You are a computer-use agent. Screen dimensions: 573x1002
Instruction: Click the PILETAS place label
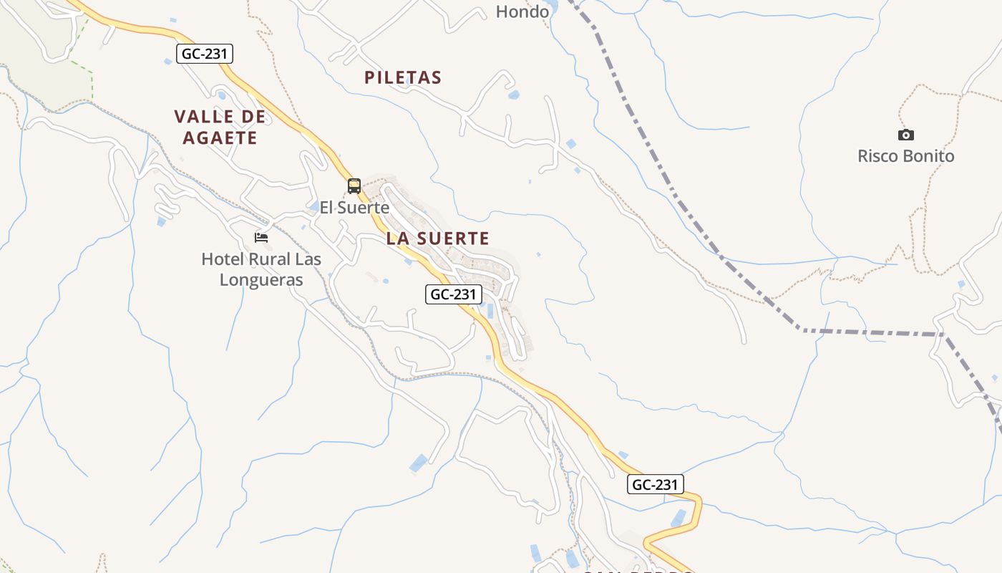pyautogui.click(x=403, y=77)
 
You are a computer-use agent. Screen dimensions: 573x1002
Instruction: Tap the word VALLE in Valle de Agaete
pyautogui.click(x=204, y=117)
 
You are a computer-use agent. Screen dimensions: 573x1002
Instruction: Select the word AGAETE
pyautogui.click(x=220, y=138)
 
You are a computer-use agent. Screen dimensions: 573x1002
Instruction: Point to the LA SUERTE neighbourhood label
pyautogui.click(x=438, y=239)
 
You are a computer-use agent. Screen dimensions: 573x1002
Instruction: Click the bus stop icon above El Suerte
pyautogui.click(x=354, y=186)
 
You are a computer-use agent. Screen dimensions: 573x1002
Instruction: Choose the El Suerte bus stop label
pyautogui.click(x=354, y=208)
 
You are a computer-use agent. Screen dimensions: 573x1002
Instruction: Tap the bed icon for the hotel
pyautogui.click(x=261, y=237)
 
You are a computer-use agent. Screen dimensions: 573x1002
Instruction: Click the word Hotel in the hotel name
pyautogui.click(x=223, y=259)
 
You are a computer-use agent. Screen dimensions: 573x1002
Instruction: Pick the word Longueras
pyautogui.click(x=261, y=280)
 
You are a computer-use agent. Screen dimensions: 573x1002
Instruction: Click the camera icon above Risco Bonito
pyautogui.click(x=906, y=135)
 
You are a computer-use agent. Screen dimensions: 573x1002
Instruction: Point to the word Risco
pyautogui.click(x=878, y=156)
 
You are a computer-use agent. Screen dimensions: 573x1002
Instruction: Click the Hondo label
pyautogui.click(x=522, y=11)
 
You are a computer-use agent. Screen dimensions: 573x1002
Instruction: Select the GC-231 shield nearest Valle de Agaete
pyautogui.click(x=205, y=53)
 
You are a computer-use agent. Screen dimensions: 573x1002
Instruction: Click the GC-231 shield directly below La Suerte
pyautogui.click(x=454, y=294)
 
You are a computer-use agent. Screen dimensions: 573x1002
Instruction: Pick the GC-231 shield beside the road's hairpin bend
pyautogui.click(x=656, y=484)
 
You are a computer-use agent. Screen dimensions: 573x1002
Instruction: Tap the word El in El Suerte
pyautogui.click(x=327, y=208)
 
